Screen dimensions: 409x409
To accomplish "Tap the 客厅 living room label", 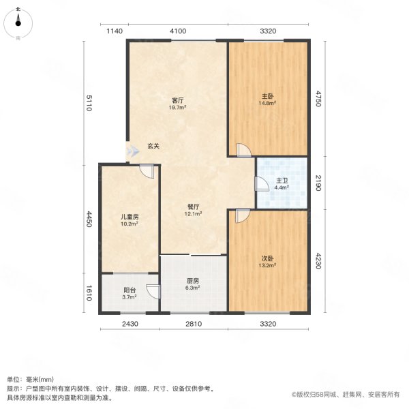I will point(179,100).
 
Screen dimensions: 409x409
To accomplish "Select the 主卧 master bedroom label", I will point(267,96).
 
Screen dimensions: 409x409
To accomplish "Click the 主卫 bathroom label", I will point(282,180).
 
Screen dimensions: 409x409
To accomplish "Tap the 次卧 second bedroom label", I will point(267,259).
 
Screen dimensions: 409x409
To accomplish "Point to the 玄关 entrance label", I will point(153,146).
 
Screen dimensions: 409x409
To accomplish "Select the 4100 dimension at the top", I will point(178,31).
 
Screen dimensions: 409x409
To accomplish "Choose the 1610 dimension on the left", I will point(89,293).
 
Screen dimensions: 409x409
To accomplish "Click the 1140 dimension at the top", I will point(113,31).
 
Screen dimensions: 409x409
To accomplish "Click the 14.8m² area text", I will point(267,104).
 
